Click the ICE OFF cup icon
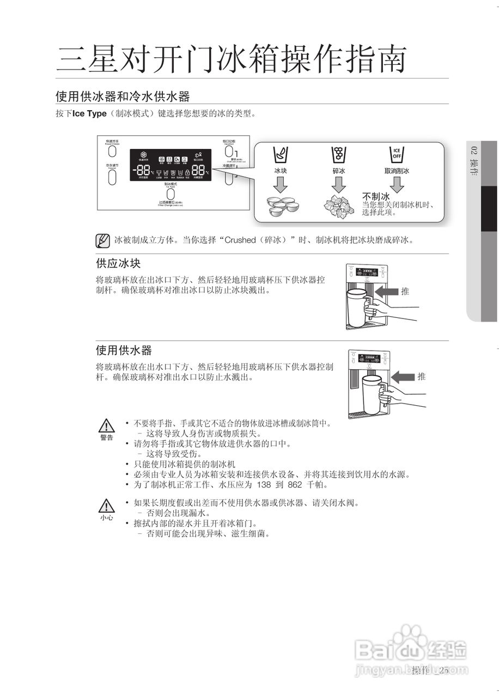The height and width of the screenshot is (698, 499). (397, 154)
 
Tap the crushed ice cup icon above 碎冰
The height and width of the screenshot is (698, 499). (339, 154)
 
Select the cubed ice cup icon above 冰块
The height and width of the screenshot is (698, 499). (280, 154)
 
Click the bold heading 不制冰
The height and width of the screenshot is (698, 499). (376, 196)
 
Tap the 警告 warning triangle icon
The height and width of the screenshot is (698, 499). (107, 425)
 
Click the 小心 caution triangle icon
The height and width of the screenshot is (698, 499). (107, 506)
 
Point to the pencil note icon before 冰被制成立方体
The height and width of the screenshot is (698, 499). (102, 240)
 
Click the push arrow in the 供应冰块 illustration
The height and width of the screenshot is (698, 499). (387, 292)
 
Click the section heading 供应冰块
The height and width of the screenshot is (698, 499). (118, 263)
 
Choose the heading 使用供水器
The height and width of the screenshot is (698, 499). (124, 350)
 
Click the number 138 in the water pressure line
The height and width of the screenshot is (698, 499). (264, 484)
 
